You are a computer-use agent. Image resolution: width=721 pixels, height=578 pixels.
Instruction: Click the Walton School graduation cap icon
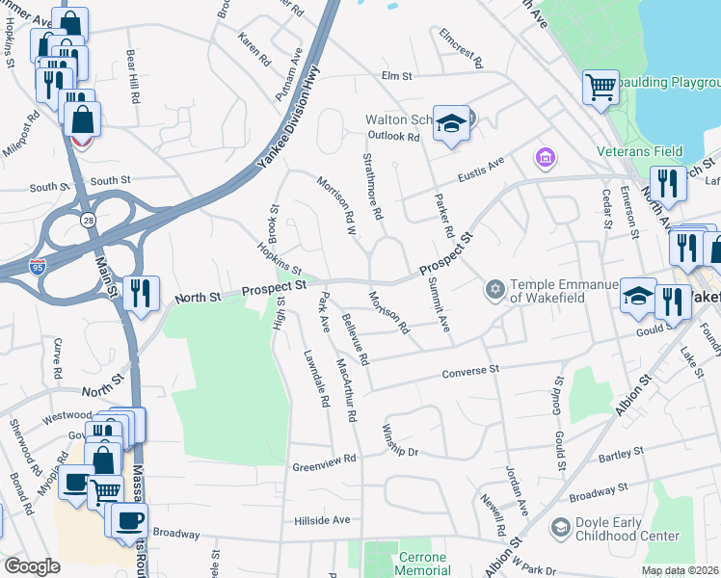(450, 123)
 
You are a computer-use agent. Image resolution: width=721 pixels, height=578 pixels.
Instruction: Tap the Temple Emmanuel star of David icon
(495, 289)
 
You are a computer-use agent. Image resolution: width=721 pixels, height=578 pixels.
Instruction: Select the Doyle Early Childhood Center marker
(560, 528)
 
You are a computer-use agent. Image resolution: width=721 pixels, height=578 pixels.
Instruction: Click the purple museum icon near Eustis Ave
(544, 156)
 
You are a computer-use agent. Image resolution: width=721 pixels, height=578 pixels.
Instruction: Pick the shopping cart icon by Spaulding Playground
(601, 87)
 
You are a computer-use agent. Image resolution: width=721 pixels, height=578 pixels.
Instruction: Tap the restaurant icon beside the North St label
(141, 293)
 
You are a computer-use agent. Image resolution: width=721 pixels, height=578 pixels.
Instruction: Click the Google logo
(32, 566)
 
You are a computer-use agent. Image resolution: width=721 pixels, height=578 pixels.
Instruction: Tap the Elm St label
(396, 75)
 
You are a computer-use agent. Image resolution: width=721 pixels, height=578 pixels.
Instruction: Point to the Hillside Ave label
(322, 519)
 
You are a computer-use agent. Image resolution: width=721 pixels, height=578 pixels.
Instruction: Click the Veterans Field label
(639, 151)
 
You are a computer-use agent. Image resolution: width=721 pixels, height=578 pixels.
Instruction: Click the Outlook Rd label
(401, 137)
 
